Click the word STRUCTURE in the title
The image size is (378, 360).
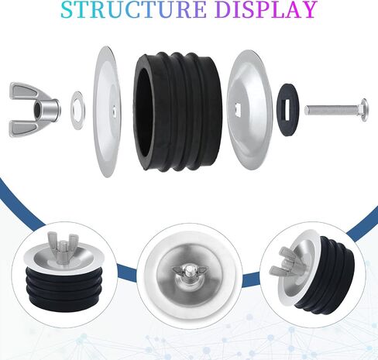(x=133, y=9)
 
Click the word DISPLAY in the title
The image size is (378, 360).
(x=266, y=9)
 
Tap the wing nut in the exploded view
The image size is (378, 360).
(x=35, y=110)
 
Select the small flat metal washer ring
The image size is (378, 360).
(x=77, y=110)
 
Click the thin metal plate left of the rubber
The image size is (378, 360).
(x=107, y=111)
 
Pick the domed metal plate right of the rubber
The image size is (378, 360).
(x=249, y=110)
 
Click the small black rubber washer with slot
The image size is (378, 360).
(x=287, y=109)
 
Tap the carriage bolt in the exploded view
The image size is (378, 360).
(x=336, y=110)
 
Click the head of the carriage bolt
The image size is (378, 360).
(x=364, y=110)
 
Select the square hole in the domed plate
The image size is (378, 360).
(x=239, y=108)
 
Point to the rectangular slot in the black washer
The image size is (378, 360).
(x=287, y=110)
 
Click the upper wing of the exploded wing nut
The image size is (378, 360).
(x=24, y=91)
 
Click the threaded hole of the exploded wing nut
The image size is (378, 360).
(x=36, y=110)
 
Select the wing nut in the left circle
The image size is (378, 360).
(x=62, y=247)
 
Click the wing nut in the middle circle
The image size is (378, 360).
(x=189, y=272)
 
